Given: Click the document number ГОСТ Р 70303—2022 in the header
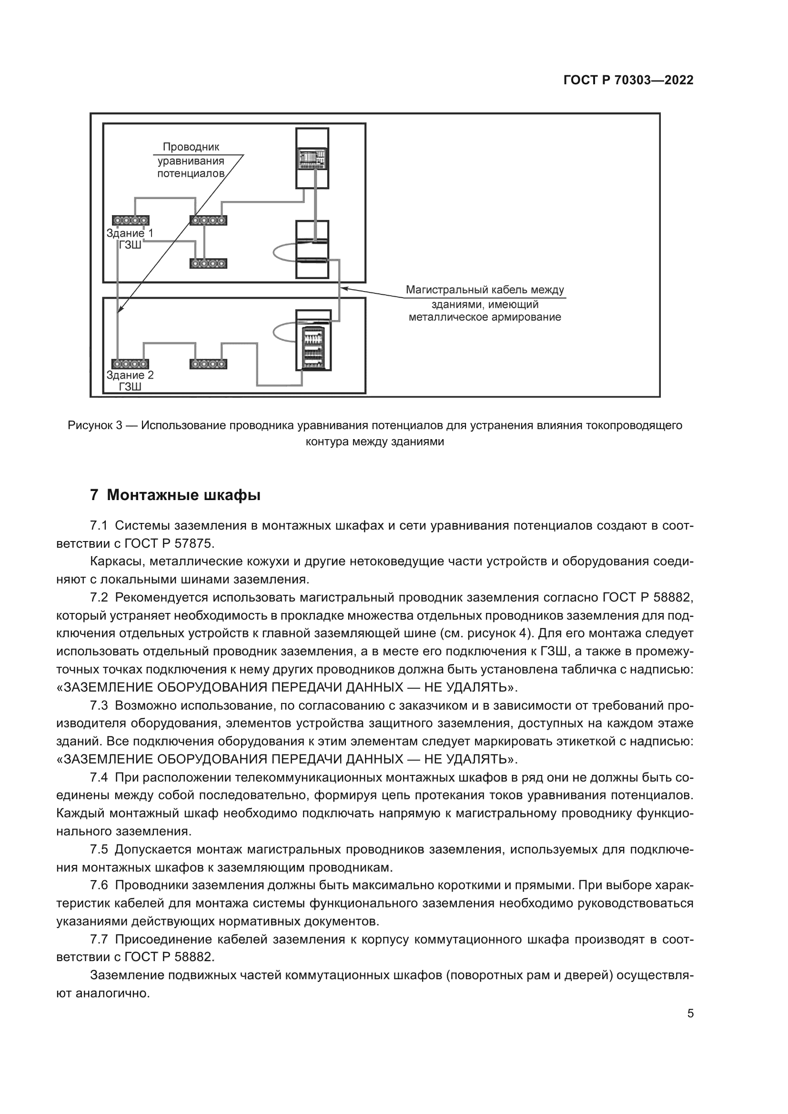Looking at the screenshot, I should point(628,80).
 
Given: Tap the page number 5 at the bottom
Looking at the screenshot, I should point(690,1014).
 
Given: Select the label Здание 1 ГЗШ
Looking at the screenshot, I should point(130,239).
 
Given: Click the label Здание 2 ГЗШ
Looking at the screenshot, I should point(130,381).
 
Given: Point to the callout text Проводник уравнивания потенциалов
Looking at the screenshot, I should point(191,160).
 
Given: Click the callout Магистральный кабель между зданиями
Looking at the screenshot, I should point(485,303).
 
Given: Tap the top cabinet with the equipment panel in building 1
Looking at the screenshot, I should point(312,158).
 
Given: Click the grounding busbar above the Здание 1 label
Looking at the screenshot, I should point(131,221).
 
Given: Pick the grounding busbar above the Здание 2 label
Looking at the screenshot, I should point(130,364).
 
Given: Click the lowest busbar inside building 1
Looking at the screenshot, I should point(208,263).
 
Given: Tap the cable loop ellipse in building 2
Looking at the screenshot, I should point(284,332).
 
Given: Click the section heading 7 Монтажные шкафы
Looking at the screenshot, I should point(175,495).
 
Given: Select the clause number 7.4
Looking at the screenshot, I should point(99,778).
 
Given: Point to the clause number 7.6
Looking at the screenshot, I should point(99,885).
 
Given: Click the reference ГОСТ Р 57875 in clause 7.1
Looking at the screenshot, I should point(169,543).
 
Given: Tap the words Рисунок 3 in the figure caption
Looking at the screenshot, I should point(95,425).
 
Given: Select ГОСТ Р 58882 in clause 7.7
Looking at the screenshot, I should point(169,957).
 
